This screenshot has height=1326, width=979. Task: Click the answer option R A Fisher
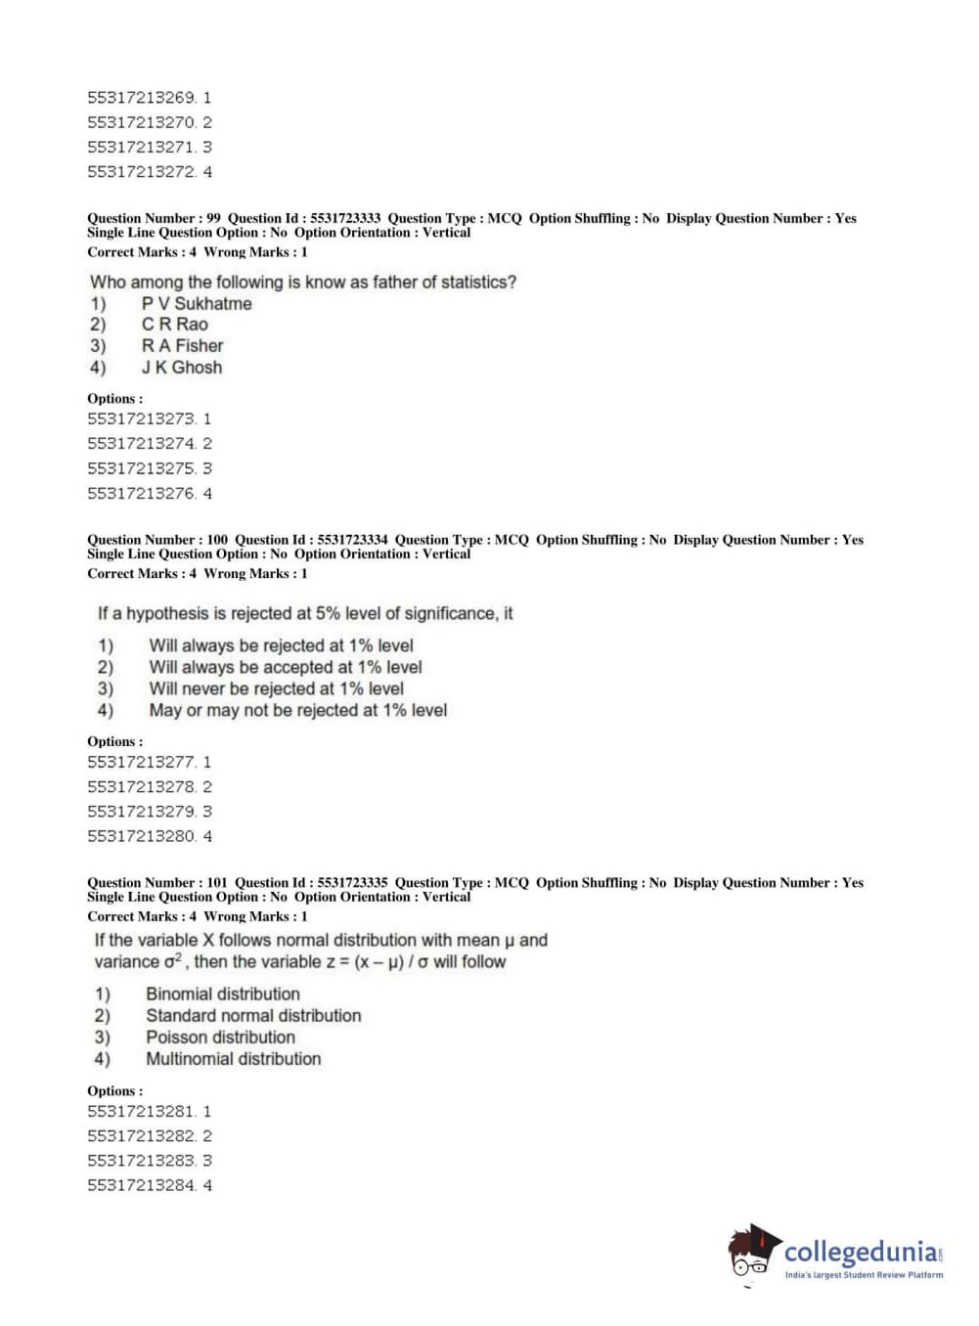182,346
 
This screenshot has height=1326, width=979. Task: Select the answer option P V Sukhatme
196,304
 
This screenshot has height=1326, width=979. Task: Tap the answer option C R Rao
174,325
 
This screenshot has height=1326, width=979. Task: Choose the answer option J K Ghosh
181,368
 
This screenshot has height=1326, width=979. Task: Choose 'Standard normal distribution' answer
253,1016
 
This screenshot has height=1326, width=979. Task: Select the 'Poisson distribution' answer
220,1038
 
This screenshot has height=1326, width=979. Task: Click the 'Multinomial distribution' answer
233,1059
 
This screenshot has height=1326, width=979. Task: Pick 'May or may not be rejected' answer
297,711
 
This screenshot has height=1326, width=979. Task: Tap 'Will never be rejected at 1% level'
276,689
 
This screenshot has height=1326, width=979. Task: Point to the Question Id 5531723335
352,883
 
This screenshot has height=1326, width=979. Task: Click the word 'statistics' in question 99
476,283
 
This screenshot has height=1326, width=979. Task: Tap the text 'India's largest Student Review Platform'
864,1275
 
